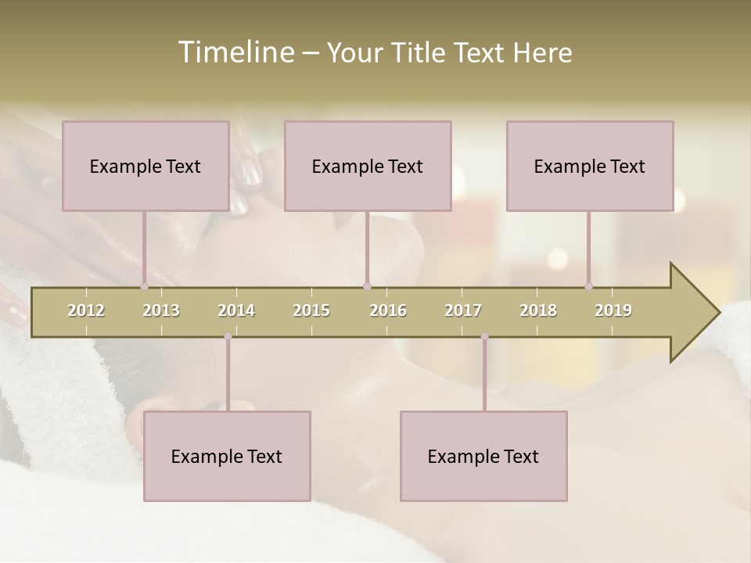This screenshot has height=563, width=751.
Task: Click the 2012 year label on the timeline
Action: (x=86, y=310)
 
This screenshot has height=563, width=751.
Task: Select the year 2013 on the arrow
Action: (x=161, y=310)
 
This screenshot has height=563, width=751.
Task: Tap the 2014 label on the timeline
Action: (x=236, y=310)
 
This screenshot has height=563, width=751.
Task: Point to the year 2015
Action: (x=311, y=310)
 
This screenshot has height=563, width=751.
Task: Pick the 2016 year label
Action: (x=388, y=310)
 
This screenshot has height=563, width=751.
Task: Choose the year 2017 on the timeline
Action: (x=463, y=310)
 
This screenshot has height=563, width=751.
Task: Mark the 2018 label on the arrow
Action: (x=538, y=310)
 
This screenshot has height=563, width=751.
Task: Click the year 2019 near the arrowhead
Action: (x=613, y=310)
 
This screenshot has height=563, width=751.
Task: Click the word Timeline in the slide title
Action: (x=235, y=52)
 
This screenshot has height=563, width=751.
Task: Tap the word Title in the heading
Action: (x=420, y=52)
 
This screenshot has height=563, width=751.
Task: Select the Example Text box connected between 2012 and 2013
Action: (x=146, y=166)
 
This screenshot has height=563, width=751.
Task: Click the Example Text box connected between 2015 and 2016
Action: (x=368, y=166)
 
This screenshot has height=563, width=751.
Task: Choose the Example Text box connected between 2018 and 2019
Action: (x=590, y=166)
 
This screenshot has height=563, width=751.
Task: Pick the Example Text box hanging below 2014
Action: (x=227, y=456)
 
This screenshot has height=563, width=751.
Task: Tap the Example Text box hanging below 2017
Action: (x=483, y=456)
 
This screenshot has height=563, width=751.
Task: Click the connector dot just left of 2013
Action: (x=144, y=286)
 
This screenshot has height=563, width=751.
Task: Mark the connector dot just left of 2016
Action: (x=367, y=286)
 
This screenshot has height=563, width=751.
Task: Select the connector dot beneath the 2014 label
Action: (x=228, y=336)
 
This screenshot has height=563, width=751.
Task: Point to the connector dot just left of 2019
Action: (x=588, y=286)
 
